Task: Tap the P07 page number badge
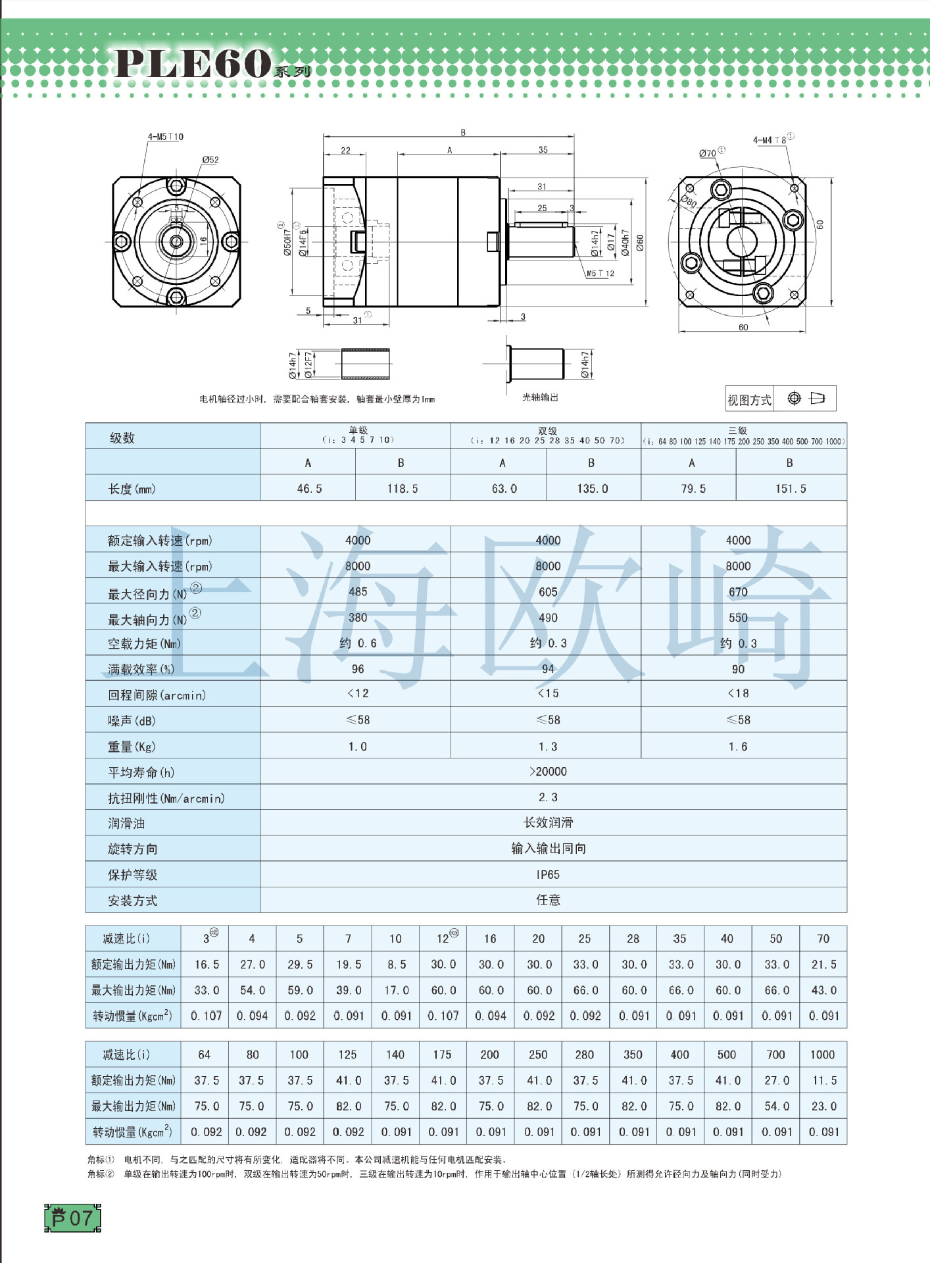pyautogui.click(x=72, y=1218)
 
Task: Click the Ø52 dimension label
pyautogui.click(x=210, y=160)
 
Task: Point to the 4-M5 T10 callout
pyautogui.click(x=165, y=137)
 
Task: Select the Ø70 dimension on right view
pyautogui.click(x=708, y=153)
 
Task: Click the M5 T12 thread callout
pyautogui.click(x=600, y=274)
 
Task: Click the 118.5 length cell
pyautogui.click(x=403, y=489)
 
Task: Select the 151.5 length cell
pyautogui.click(x=791, y=489)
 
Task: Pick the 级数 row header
pyautogui.click(x=122, y=438)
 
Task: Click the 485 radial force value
pyautogui.click(x=358, y=591)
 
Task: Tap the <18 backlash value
pyautogui.click(x=738, y=693)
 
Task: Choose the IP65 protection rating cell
pyautogui.click(x=548, y=874)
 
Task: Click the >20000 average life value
pyautogui.click(x=548, y=772)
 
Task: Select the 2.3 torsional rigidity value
pyautogui.click(x=548, y=797)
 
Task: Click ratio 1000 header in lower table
pyautogui.click(x=822, y=1054)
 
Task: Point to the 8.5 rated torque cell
pyautogui.click(x=396, y=964)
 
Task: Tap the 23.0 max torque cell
pyautogui.click(x=823, y=1106)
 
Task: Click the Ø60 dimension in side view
pyautogui.click(x=640, y=243)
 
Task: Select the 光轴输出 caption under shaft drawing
pyautogui.click(x=540, y=397)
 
